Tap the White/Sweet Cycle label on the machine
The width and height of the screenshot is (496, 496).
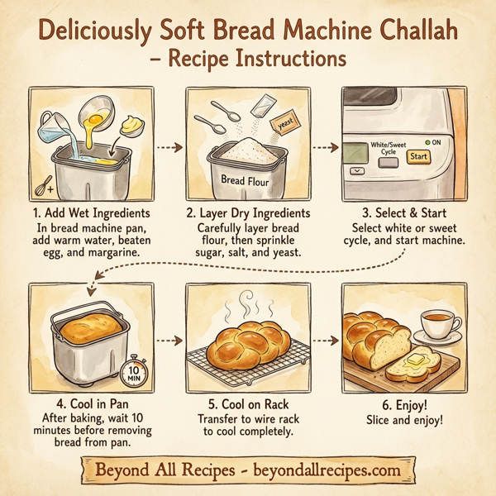(388, 148)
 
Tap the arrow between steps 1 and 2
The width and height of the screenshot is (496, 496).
(169, 149)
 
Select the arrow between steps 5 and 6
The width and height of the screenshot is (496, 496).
(328, 340)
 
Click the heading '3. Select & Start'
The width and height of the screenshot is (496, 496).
(405, 214)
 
